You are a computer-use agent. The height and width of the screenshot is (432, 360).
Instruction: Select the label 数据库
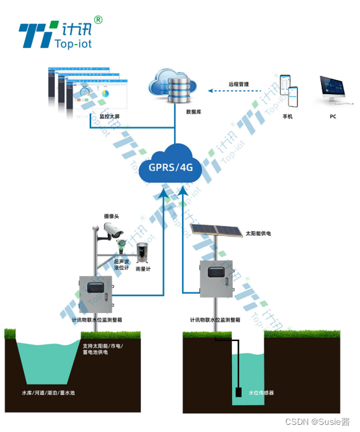coord(193,112)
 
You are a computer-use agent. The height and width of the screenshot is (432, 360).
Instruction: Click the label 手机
coord(287,117)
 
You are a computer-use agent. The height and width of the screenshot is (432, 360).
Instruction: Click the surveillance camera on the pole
coord(111,230)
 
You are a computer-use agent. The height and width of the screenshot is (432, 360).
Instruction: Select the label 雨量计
coord(143,268)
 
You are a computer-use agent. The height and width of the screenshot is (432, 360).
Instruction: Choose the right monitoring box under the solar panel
coord(215,278)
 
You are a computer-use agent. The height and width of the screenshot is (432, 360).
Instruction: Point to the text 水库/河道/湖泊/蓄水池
coord(49,393)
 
